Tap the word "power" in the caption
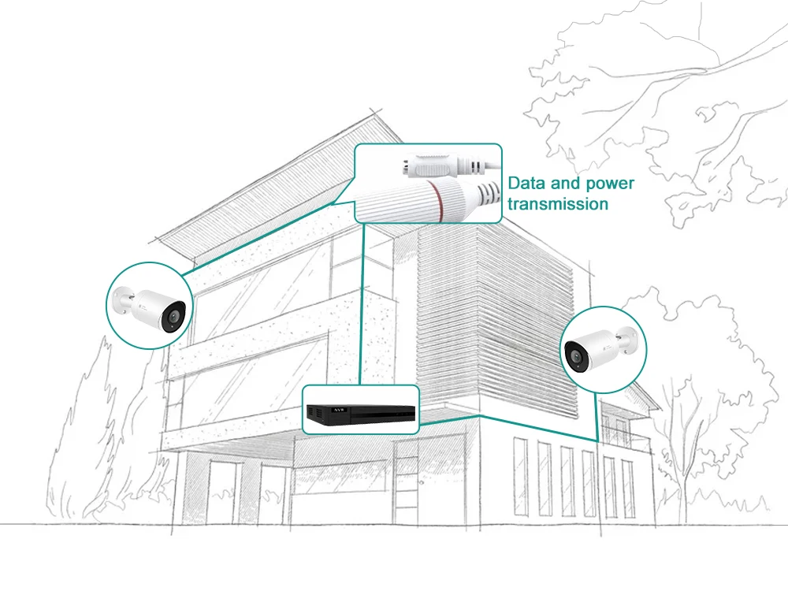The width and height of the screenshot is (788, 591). click(607, 184)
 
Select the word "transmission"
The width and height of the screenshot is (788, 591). click(558, 204)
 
